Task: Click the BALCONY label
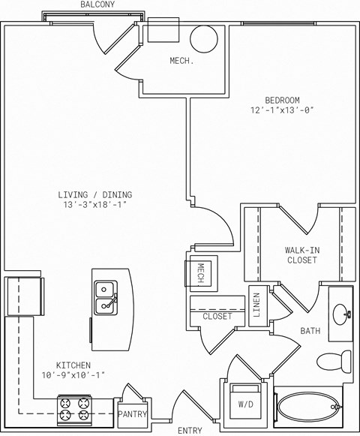pyautogui.click(x=97, y=5)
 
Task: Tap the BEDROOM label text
pyautogui.click(x=282, y=100)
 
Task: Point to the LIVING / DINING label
pyautogui.click(x=95, y=194)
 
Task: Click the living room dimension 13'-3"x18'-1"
pyautogui.click(x=95, y=205)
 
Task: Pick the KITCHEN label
pyautogui.click(x=73, y=365)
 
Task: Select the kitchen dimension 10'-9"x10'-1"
pyautogui.click(x=73, y=375)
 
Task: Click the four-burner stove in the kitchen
pyautogui.click(x=74, y=410)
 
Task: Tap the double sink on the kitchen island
pyautogui.click(x=106, y=298)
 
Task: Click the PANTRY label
pyautogui.click(x=132, y=414)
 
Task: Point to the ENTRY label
pyautogui.click(x=190, y=431)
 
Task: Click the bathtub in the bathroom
pyautogui.click(x=308, y=407)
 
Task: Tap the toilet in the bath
pyautogui.click(x=334, y=362)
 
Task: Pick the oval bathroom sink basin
pyautogui.click(x=340, y=314)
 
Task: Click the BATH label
pyautogui.click(x=310, y=331)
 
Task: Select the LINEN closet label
pyautogui.click(x=256, y=305)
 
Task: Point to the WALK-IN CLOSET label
pyautogui.click(x=302, y=255)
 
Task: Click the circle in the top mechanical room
pyautogui.click(x=204, y=39)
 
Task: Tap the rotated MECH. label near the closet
pyautogui.click(x=201, y=275)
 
